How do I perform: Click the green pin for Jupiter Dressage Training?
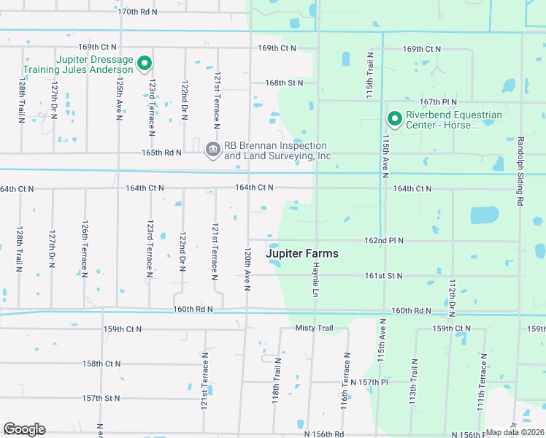click(145, 64)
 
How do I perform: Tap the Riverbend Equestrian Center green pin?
click(395, 118)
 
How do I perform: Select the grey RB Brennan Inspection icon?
click(212, 149)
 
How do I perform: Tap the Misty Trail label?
click(314, 328)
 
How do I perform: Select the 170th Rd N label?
click(137, 12)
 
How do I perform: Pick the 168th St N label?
click(284, 83)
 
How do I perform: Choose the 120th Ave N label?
click(248, 269)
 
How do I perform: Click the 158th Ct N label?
click(101, 363)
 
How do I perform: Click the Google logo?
click(24, 429)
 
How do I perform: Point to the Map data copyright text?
click(514, 432)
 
